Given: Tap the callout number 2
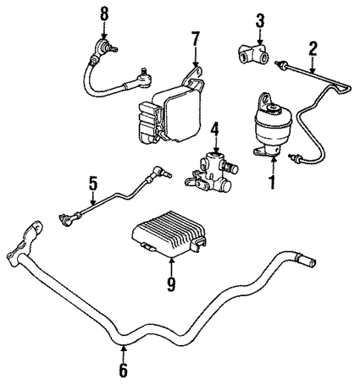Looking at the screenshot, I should [x=313, y=49].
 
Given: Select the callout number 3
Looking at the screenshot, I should [x=260, y=20].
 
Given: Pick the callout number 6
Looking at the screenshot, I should [x=124, y=369].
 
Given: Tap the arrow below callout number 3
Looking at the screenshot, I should [x=260, y=37].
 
